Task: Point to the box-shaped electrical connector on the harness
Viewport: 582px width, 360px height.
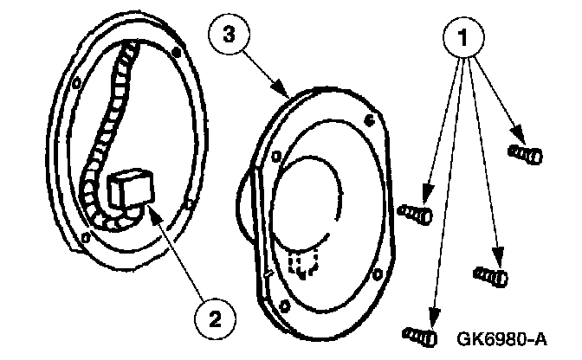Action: (x=132, y=187)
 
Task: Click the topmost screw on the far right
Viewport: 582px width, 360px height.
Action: (x=527, y=155)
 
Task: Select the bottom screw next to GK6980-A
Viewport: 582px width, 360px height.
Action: (x=419, y=334)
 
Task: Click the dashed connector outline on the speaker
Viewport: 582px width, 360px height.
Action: (x=303, y=262)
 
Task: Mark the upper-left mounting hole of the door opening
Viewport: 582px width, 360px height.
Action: (x=77, y=84)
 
